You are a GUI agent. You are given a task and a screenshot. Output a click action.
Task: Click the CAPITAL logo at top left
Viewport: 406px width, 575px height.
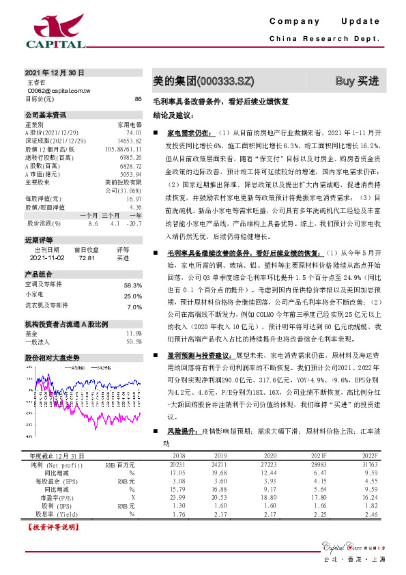pyautogui.click(x=55, y=31)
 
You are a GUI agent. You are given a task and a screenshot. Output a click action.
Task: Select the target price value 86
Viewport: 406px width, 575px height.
pyautogui.click(x=138, y=99)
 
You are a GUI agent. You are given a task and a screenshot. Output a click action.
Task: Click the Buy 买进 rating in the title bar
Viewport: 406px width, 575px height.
pyautogui.click(x=356, y=81)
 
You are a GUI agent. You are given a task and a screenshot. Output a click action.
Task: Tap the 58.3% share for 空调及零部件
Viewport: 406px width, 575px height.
pyautogui.click(x=132, y=285)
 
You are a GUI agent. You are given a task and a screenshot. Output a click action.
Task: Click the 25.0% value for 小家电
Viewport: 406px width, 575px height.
pyautogui.click(x=132, y=296)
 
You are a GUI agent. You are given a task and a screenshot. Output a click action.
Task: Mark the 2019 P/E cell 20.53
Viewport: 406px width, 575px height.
pyautogui.click(x=219, y=498)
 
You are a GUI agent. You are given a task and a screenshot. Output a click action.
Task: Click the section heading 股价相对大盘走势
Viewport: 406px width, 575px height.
pyautogui.click(x=53, y=357)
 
